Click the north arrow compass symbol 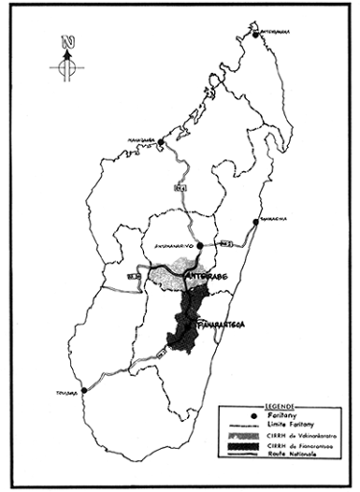66,58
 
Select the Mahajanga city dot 160,142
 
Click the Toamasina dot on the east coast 255,222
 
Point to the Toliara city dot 84,390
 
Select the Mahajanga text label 142,136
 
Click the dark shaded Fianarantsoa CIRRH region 185,322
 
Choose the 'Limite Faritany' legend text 285,424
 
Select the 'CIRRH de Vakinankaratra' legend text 293,436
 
